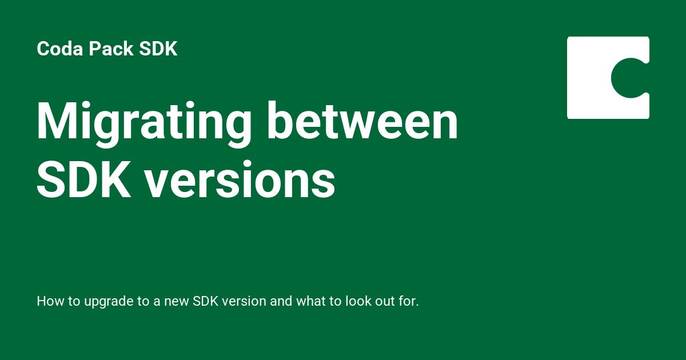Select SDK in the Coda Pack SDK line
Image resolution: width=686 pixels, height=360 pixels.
(158, 49)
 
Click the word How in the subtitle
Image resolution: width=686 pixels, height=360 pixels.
(48, 301)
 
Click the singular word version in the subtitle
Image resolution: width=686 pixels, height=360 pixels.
(244, 301)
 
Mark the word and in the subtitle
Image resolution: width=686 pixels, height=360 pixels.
(281, 301)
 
